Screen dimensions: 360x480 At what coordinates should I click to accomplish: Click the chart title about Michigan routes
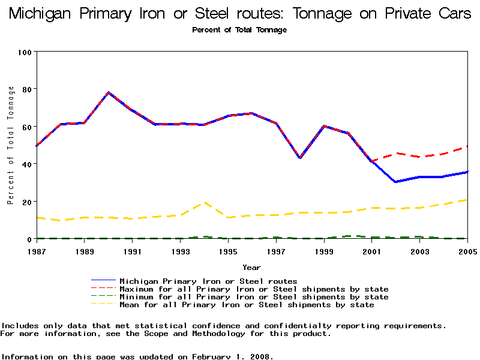pos(240,14)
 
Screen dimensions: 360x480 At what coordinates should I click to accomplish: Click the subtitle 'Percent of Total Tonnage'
pos(239,30)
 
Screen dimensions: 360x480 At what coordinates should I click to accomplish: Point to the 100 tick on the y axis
pos(24,52)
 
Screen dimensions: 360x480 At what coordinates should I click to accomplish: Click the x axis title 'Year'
pos(251,267)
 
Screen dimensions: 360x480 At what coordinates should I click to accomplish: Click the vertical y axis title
pos(11,145)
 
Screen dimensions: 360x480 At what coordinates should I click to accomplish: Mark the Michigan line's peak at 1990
pos(109,93)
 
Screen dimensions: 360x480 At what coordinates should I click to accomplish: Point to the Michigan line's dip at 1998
pos(300,158)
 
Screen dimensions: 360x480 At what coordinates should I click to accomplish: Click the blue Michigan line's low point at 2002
pos(395,182)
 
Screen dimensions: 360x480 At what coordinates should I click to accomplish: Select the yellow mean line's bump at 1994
pos(205,203)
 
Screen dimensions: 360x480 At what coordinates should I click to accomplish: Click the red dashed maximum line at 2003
pos(420,157)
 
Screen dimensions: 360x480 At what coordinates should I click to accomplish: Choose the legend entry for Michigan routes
pos(208,281)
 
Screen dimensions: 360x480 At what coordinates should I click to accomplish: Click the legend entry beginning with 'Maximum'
pos(254,289)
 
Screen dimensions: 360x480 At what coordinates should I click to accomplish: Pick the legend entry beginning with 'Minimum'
pos(254,297)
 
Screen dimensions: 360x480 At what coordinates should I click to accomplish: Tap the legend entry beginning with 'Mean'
pos(247,305)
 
